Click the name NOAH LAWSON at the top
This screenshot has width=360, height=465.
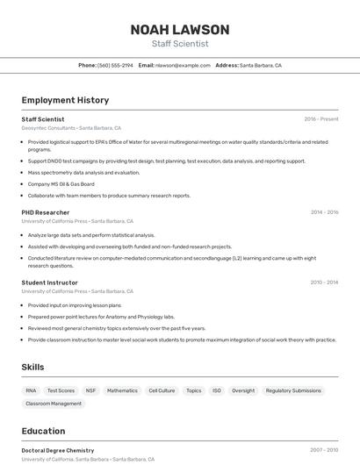tap(180, 30)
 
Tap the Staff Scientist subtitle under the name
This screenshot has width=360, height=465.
tap(180, 44)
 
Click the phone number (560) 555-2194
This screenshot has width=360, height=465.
tap(115, 65)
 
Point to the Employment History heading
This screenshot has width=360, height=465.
tap(65, 100)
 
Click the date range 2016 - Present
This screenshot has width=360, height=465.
tap(321, 119)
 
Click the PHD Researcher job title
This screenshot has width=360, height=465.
tap(46, 212)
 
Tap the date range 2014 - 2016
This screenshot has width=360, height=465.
tap(324, 212)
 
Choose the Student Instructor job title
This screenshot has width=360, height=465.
tap(50, 283)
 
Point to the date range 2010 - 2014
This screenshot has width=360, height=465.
tap(324, 283)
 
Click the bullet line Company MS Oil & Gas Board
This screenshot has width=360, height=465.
tap(61, 184)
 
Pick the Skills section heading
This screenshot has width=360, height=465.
tap(32, 367)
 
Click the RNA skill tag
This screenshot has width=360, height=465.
tap(31, 390)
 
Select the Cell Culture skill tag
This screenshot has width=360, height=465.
tap(162, 390)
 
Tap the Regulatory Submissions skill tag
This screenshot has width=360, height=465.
tap(293, 390)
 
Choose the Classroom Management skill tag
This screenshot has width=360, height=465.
tap(54, 404)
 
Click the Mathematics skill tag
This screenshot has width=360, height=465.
tap(122, 390)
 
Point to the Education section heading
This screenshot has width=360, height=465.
tap(43, 431)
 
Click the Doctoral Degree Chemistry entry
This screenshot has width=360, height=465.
tap(58, 450)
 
